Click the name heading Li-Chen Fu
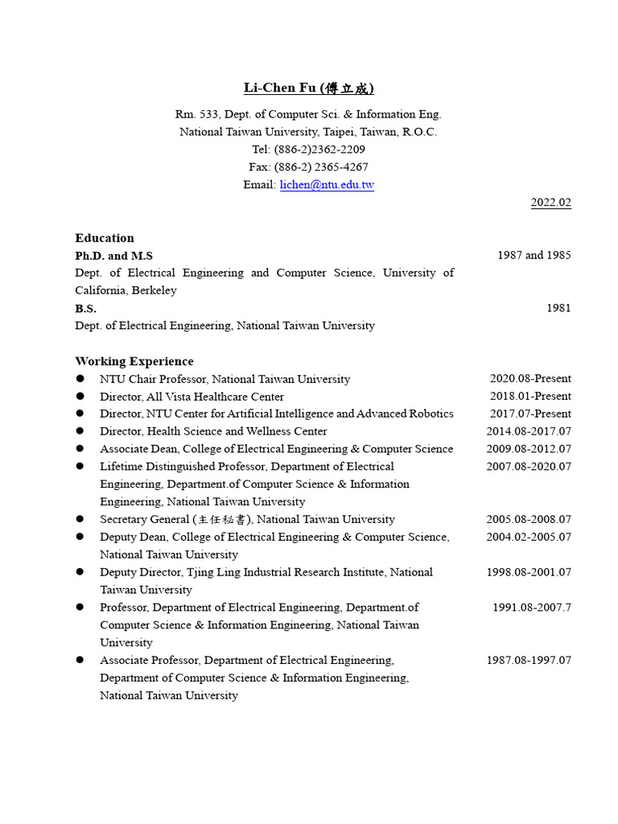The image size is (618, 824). coord(309,89)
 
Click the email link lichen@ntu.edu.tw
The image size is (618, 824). coord(327,185)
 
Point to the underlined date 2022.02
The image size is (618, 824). coord(550,203)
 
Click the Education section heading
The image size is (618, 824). coord(105,238)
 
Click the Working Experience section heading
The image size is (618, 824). coord(134,361)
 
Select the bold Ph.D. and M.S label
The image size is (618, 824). coord(113,256)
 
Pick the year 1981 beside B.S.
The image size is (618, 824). coord(558,308)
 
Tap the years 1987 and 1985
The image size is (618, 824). coord(534,256)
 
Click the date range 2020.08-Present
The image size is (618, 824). coord(530,379)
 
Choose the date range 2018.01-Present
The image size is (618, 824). coord(530,397)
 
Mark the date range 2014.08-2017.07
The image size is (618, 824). coord(529,432)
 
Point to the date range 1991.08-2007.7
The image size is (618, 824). coord(532,608)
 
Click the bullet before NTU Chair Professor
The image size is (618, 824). coord(80,379)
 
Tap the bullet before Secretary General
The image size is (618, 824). coord(80,520)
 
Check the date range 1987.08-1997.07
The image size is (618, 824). coord(529,661)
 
